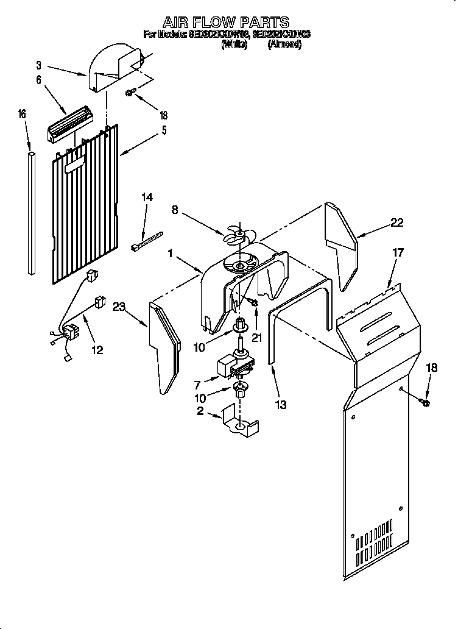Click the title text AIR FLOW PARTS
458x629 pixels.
(x=225, y=23)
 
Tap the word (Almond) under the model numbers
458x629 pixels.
(x=284, y=44)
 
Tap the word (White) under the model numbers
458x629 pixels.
(x=234, y=44)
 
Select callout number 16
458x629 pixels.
(x=23, y=113)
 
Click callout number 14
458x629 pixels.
(x=147, y=197)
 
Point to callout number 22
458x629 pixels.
(x=396, y=223)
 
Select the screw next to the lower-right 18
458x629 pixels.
(x=424, y=402)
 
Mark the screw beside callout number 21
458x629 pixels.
(x=253, y=302)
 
